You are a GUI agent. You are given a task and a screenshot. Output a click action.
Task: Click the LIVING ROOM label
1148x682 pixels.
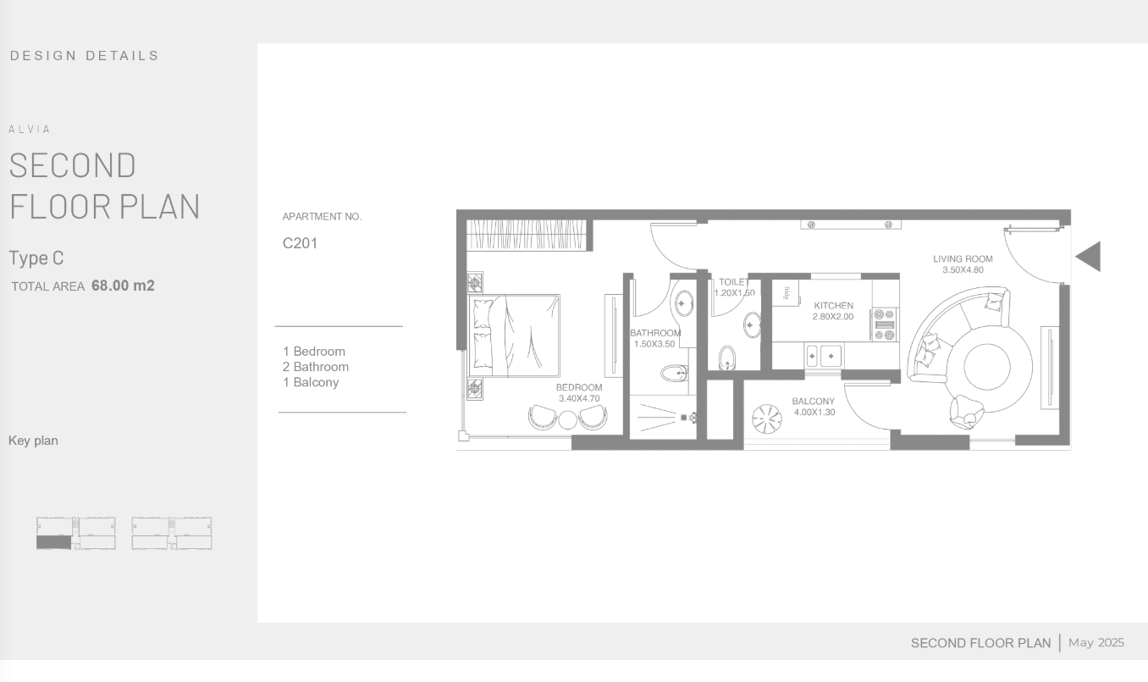point(963,259)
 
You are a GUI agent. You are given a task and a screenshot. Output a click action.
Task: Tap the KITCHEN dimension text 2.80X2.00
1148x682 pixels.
point(833,317)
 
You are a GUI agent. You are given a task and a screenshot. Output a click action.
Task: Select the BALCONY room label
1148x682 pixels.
point(814,401)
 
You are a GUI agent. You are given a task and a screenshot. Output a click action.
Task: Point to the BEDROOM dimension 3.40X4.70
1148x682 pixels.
point(579,398)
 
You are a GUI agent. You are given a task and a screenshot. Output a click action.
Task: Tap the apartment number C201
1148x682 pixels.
point(300,243)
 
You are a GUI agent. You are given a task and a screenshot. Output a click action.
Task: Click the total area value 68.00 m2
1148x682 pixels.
point(123,286)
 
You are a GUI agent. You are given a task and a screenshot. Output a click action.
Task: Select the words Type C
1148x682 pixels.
point(36,258)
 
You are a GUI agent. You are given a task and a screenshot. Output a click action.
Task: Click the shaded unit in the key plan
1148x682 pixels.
point(54,542)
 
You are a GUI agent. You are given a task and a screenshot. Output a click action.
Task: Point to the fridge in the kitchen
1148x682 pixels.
point(786,293)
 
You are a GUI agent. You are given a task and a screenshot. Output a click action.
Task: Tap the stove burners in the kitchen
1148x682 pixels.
point(884,324)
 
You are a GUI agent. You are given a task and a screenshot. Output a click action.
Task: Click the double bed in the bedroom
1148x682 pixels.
point(514,335)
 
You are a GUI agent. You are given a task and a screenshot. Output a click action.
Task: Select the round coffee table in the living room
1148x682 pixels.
point(986,367)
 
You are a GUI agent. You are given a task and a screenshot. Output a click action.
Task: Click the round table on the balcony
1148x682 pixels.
point(767,419)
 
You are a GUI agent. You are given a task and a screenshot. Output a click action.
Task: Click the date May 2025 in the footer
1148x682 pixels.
point(1096,642)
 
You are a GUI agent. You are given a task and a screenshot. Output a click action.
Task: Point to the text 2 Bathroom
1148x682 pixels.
point(316,367)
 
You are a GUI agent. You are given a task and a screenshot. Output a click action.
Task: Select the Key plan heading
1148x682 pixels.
point(33,441)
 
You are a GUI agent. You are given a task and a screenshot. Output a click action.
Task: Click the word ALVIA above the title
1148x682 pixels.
point(30,130)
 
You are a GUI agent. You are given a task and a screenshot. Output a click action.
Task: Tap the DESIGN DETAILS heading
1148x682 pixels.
point(85,55)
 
